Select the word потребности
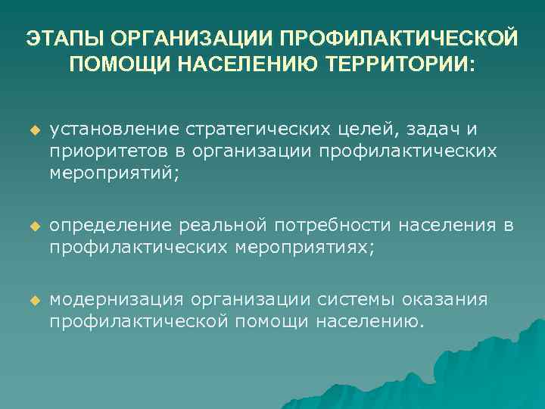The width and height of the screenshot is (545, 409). coord(335,226)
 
